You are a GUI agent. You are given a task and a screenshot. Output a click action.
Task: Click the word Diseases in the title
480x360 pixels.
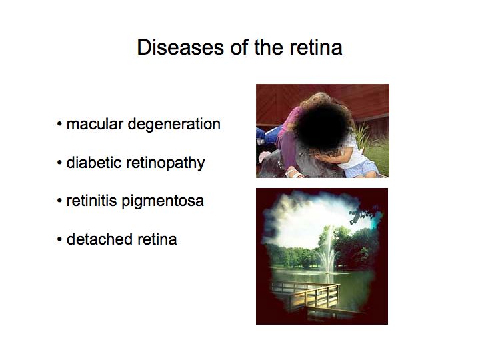click(x=180, y=47)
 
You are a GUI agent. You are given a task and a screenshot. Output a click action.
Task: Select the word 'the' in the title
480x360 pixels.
click(x=269, y=47)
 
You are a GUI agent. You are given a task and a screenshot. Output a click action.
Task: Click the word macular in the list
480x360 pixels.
click(x=95, y=124)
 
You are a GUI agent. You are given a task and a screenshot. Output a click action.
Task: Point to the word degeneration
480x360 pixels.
click(x=174, y=125)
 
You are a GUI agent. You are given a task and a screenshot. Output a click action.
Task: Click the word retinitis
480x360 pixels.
click(x=91, y=201)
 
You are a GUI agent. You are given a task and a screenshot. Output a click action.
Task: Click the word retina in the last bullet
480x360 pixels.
click(x=157, y=240)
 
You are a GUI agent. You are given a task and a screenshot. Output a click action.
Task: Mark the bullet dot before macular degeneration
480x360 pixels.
click(x=59, y=125)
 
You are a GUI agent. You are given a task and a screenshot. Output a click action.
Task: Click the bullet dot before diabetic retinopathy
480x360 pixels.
click(x=59, y=163)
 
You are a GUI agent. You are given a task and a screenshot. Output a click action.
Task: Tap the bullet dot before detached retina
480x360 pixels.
click(x=59, y=239)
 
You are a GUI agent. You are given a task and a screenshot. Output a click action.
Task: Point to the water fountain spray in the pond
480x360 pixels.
click(x=327, y=251)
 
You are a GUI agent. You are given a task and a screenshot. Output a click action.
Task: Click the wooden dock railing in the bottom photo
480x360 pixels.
click(x=315, y=295)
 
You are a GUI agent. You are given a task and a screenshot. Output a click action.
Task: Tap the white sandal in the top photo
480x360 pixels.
click(x=294, y=173)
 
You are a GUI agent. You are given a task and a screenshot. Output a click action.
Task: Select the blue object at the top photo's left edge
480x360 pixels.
click(x=260, y=136)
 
